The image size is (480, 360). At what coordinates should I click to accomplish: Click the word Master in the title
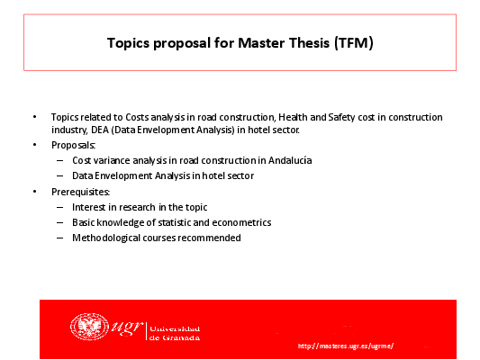(x=261, y=43)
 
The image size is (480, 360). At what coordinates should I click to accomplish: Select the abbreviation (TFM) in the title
(x=354, y=43)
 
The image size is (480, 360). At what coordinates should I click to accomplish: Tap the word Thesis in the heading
(x=309, y=43)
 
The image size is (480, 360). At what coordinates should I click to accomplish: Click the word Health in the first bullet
(x=293, y=117)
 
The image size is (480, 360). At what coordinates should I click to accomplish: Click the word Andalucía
(x=290, y=160)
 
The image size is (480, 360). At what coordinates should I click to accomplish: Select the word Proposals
(x=73, y=145)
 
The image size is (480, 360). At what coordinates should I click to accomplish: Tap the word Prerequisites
(x=80, y=192)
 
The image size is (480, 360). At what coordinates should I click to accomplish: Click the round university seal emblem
(x=89, y=327)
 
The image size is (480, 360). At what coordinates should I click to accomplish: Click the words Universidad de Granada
(x=175, y=333)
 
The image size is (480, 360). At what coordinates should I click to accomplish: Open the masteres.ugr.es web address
(x=345, y=346)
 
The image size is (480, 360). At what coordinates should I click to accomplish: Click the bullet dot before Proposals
(x=35, y=145)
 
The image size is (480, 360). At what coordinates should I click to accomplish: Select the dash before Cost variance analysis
(x=60, y=160)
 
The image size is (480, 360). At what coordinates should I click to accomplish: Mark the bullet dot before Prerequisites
(x=35, y=192)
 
